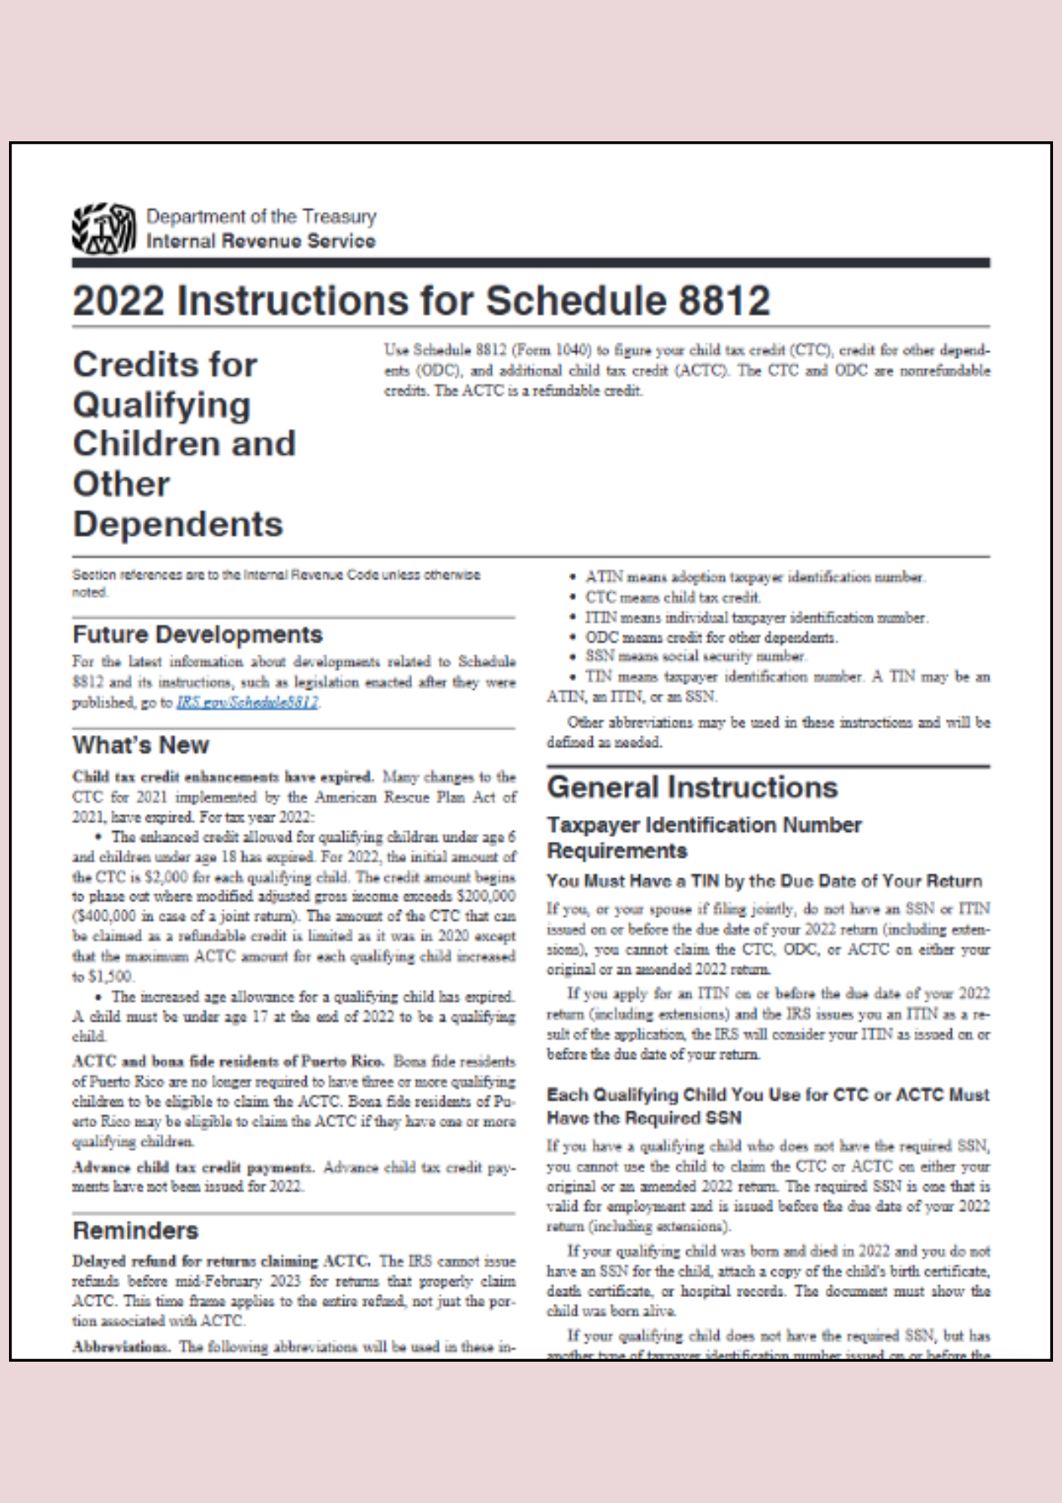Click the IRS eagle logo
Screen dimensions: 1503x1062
point(104,228)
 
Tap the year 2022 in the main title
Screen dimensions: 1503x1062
point(118,301)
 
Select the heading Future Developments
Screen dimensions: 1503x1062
point(198,635)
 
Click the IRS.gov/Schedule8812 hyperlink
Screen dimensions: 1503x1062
point(248,703)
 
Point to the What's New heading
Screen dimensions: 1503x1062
point(140,745)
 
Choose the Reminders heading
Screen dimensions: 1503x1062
point(135,1231)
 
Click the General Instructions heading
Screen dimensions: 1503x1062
point(692,788)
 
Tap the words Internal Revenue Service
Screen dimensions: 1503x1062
point(261,241)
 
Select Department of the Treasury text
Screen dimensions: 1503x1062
point(261,216)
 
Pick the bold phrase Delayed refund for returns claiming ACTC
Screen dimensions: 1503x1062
point(221,1261)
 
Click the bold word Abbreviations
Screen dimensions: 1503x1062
point(120,1347)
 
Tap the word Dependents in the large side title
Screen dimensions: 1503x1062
point(178,524)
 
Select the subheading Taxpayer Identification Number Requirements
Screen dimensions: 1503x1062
point(704,837)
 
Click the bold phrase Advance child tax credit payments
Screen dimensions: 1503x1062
point(192,1167)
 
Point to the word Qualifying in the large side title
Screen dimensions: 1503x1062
point(161,404)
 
